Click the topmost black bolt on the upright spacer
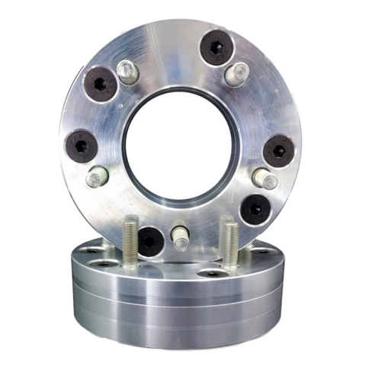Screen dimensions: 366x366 tap(216, 47)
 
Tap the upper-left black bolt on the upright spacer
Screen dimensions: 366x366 tap(101, 83)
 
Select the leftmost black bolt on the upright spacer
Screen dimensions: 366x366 tap(82, 145)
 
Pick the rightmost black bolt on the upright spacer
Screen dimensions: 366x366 tap(278, 150)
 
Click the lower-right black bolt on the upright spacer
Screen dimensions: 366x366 tap(255, 208)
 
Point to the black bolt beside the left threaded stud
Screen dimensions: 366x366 tap(150, 241)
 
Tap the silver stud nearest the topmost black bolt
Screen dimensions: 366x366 tap(238, 74)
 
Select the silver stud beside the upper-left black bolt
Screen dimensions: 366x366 tap(128, 72)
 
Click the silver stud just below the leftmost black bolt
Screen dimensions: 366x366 tap(97, 178)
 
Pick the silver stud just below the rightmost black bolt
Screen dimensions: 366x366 tap(265, 180)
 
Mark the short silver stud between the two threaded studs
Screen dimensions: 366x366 tap(180, 238)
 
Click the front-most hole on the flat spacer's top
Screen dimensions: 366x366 tap(213, 272)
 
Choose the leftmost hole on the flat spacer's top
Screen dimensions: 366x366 tap(91, 250)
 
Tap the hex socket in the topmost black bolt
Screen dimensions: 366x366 tap(216, 47)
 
